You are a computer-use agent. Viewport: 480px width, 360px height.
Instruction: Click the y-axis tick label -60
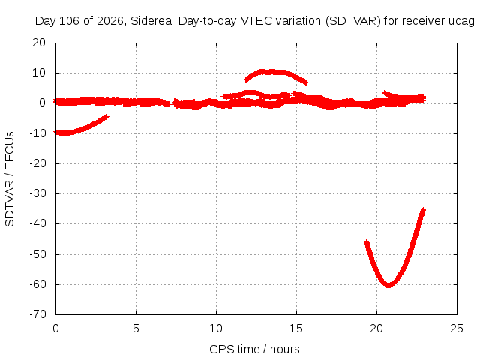(x=37, y=284)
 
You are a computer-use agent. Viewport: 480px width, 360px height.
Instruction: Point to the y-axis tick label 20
(x=39, y=43)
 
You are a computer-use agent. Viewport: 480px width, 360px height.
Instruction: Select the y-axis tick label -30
(x=37, y=193)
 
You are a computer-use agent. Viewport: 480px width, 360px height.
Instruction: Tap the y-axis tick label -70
(x=37, y=313)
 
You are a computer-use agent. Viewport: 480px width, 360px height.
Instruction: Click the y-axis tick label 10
(x=39, y=73)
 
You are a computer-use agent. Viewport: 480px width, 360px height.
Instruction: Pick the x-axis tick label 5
(x=136, y=328)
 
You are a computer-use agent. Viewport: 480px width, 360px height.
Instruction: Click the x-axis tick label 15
(x=296, y=328)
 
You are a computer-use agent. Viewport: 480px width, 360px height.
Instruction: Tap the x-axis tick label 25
(x=457, y=328)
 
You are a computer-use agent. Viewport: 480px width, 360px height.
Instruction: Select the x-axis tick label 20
(x=376, y=328)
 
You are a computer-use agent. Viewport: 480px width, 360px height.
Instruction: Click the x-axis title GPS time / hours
(x=254, y=349)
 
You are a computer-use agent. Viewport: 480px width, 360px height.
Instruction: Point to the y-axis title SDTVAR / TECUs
(x=10, y=179)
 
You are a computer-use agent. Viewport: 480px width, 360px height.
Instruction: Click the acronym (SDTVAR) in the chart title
(x=353, y=21)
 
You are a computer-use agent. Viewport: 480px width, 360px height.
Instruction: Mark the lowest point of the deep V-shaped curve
(x=388, y=285)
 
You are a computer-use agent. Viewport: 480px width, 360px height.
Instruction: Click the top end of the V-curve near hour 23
(x=423, y=209)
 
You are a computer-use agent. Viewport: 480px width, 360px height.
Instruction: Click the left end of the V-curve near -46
(x=367, y=241)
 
